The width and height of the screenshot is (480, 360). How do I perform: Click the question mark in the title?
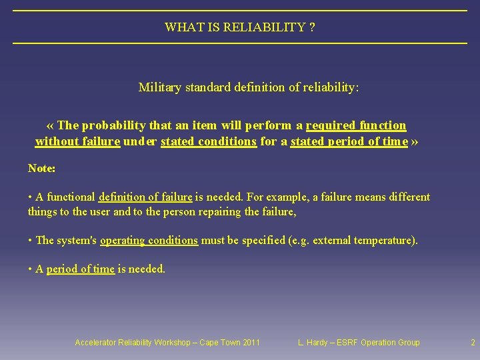click(312, 27)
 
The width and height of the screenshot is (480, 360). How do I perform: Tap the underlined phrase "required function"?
click(356, 125)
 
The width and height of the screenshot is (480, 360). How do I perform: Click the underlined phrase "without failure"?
click(77, 141)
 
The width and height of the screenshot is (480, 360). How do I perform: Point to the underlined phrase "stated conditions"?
click(209, 141)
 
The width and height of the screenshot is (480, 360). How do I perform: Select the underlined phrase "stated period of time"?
click(349, 141)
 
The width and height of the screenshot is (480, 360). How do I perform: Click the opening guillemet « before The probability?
click(51, 125)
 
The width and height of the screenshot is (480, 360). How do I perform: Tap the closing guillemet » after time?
click(415, 141)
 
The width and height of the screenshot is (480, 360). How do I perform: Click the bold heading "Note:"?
click(41, 169)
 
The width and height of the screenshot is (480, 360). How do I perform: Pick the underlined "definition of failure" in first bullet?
click(145, 197)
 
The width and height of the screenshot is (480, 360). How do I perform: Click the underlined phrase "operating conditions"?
click(149, 240)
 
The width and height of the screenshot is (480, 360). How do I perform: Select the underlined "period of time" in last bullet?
click(80, 269)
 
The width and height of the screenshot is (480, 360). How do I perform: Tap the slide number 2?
click(473, 343)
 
